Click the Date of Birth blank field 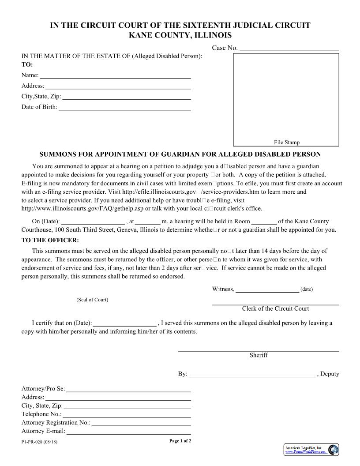[124, 107]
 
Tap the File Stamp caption [286, 142]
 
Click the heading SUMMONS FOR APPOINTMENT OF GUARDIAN [180, 154]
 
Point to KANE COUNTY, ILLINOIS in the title [180, 35]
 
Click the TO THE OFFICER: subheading [50, 240]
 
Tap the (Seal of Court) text [92, 300]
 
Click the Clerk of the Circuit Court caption [275, 308]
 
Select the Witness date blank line [267, 289]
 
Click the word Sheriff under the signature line [259, 355]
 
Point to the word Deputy [330, 374]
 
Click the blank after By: [252, 375]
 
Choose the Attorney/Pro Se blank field [128, 389]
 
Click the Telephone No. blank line [127, 414]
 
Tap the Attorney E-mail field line [128, 432]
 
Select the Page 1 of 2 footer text [180, 441]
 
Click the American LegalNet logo [311, 450]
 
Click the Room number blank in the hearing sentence [264, 222]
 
